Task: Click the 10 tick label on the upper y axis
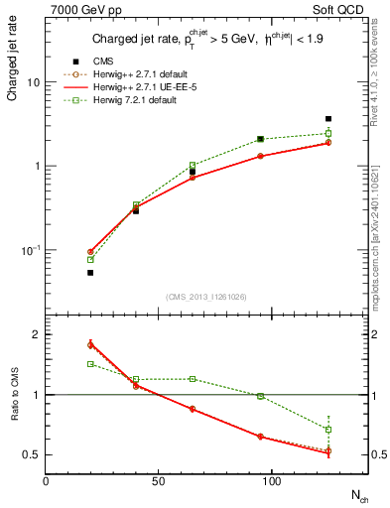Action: click(33, 83)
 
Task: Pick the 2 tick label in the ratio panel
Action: click(36, 335)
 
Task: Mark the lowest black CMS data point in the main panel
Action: click(90, 272)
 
